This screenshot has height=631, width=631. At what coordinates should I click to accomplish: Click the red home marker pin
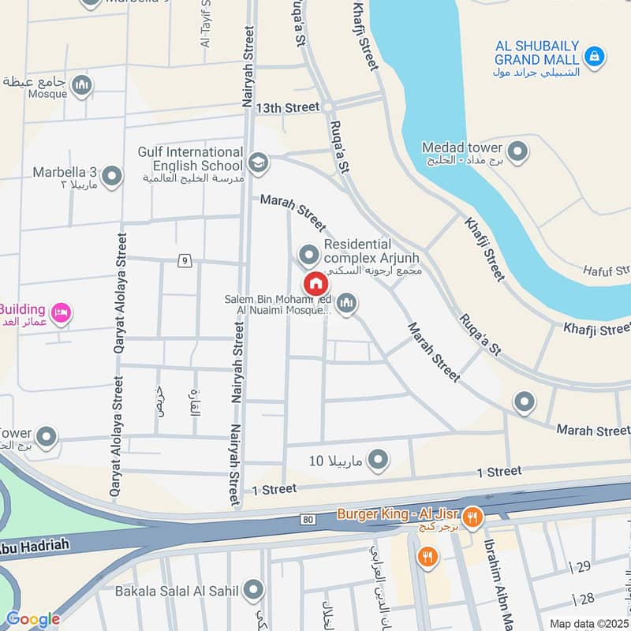pos(315,283)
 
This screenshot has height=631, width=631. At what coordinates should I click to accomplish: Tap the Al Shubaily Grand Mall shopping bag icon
pos(597,56)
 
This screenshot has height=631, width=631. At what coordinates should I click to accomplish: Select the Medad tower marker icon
pos(517,151)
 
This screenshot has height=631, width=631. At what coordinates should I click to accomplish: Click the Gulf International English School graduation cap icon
pos(257,163)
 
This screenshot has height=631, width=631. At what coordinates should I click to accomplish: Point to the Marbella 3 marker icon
pos(112,176)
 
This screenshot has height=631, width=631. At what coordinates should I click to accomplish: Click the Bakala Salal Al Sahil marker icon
pos(253,589)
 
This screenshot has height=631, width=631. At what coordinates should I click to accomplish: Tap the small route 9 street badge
pos(184,259)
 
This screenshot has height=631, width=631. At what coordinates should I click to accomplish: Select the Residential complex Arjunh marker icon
pos(308,254)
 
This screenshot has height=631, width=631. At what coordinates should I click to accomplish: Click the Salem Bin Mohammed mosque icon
pos(346,302)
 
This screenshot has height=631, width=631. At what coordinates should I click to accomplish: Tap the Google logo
pos(32,619)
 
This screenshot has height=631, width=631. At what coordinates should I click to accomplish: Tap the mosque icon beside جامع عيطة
pos(81,84)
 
